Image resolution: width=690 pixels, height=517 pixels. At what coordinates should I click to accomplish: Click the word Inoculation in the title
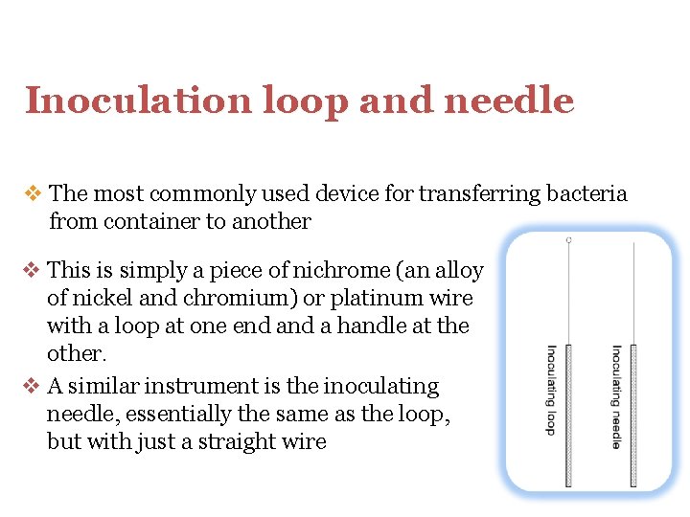122,101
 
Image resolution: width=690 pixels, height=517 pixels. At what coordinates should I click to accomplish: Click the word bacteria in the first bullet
586,194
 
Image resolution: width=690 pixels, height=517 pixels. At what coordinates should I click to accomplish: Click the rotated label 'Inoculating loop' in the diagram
552,390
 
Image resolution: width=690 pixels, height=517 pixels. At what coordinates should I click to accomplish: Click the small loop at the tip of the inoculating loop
569,239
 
